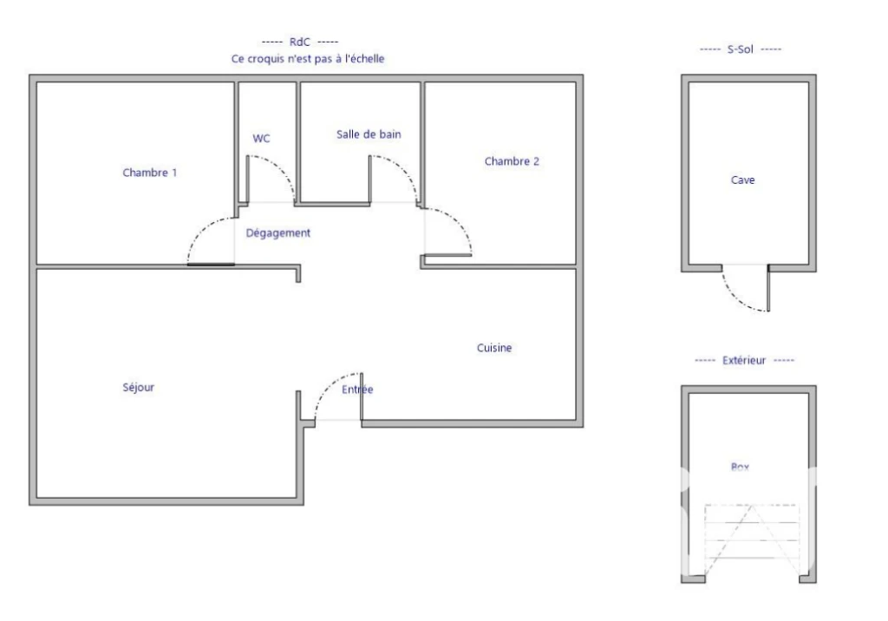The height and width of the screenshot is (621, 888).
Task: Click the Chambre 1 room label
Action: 149,173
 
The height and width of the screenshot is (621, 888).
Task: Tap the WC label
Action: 261,138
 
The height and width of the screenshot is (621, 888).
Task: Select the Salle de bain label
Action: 369,134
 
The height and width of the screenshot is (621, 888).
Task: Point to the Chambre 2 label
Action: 512,161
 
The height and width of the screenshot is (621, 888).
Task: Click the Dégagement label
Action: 278,232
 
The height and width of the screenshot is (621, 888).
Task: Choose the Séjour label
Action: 138,388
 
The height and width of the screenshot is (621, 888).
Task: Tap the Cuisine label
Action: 494,348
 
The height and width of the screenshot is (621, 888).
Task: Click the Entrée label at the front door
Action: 357,389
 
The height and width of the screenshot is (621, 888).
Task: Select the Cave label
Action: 742,180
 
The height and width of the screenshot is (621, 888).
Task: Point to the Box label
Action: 741,467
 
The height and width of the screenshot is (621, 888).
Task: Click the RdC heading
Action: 299,42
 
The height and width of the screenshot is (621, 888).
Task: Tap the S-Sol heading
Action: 741,49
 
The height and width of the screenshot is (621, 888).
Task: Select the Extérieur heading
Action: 744,360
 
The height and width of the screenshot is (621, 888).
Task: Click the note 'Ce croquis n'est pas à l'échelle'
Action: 308,59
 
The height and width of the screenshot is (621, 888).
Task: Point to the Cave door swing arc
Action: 735,298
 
